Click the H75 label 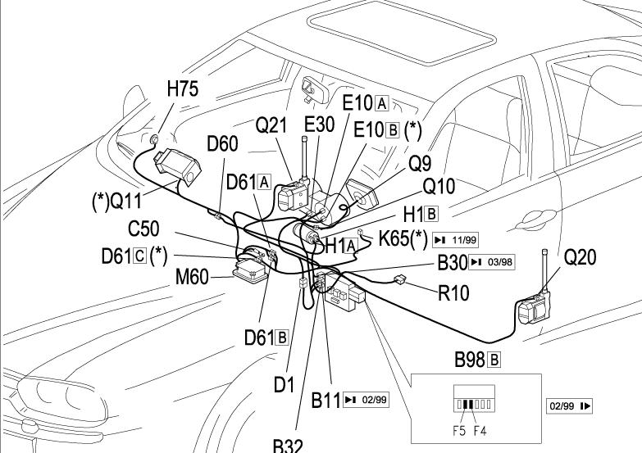pyautogui.click(x=182, y=90)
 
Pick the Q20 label pyautogui.click(x=581, y=258)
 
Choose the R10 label pyautogui.click(x=453, y=293)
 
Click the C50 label pyautogui.click(x=143, y=229)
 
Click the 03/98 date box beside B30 pyautogui.click(x=493, y=262)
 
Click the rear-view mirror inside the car pyautogui.click(x=313, y=85)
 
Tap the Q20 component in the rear pyautogui.click(x=534, y=310)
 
